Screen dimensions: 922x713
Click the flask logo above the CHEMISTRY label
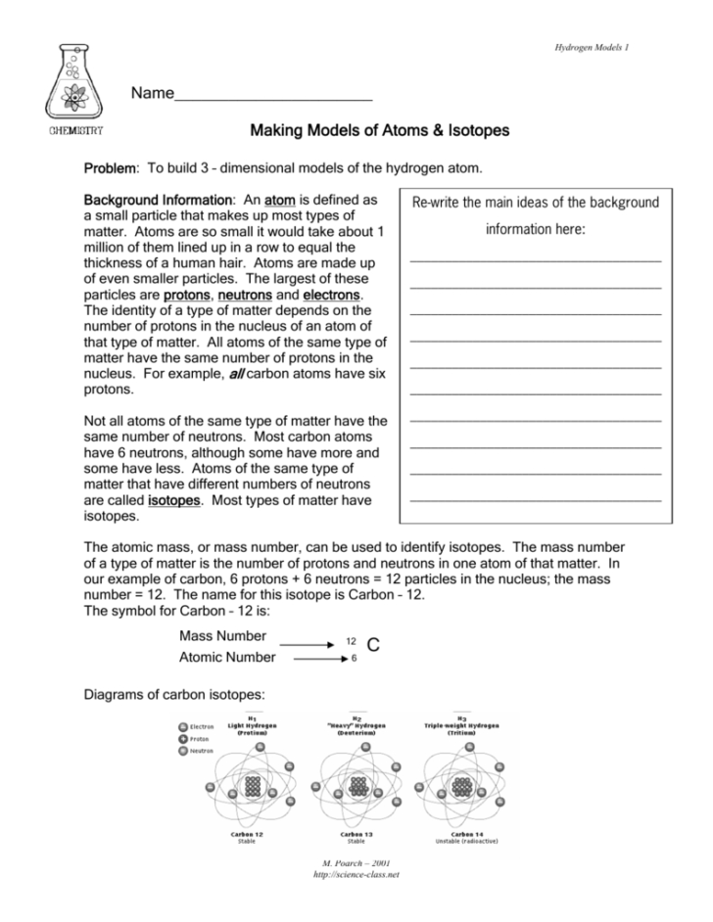click(73, 82)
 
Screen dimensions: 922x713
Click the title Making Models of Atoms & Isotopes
click(380, 130)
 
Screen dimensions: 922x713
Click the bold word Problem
click(112, 169)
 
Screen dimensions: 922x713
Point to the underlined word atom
click(280, 199)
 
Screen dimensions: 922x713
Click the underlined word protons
click(186, 295)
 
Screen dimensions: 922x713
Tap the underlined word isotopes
click(174, 500)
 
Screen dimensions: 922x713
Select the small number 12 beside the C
click(350, 641)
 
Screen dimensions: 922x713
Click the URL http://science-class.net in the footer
click(356, 874)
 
